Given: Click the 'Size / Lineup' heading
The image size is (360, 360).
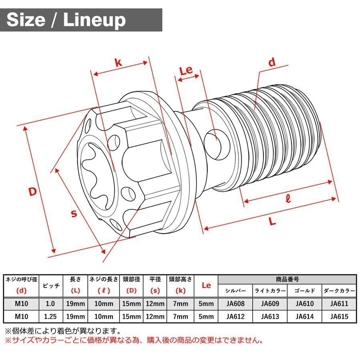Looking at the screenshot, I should [x=66, y=20].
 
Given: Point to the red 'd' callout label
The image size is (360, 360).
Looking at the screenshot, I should [x=272, y=62].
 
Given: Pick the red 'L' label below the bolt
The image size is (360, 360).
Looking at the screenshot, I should [x=272, y=222].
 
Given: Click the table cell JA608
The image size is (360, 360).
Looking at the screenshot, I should [x=235, y=304].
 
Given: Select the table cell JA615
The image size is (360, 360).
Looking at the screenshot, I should [x=339, y=317].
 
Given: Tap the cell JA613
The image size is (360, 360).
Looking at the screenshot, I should [x=270, y=317].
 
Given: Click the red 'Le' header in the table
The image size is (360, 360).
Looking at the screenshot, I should [x=206, y=286].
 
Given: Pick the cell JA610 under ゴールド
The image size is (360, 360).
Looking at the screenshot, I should [x=304, y=304].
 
